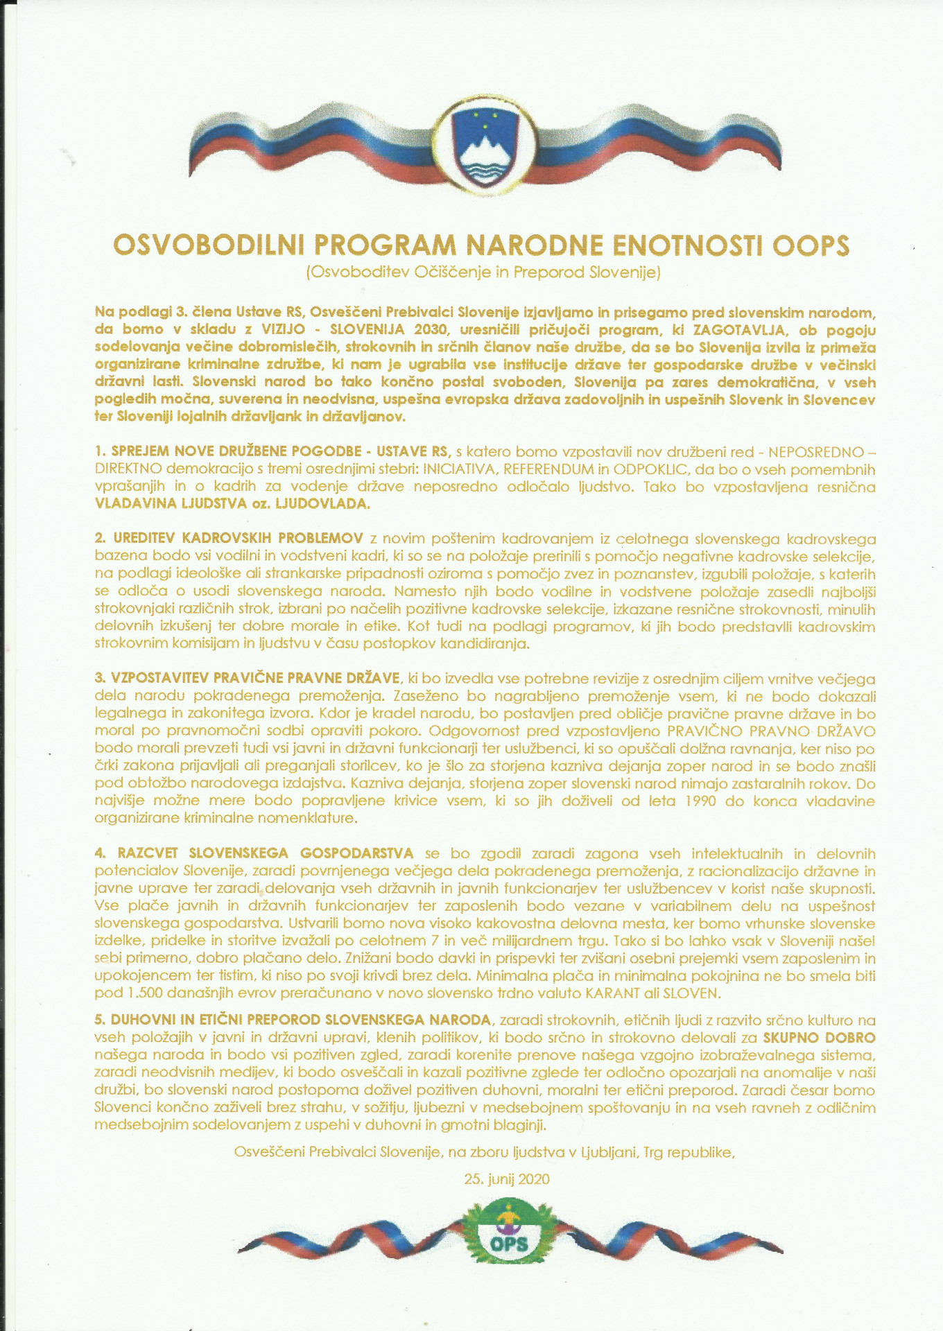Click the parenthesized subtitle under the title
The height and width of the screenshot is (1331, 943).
coord(483,272)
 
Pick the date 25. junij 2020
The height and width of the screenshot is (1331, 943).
coord(507,1178)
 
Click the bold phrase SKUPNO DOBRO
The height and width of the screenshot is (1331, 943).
coord(819,1038)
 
